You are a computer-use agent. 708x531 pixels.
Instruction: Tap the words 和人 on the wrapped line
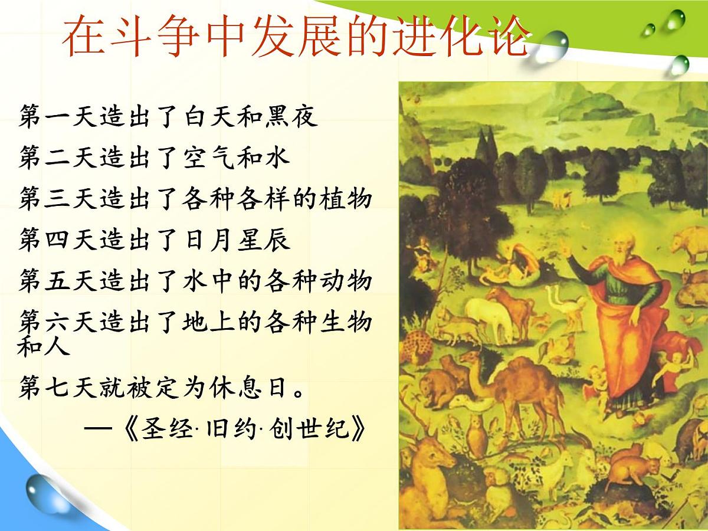tap(44, 345)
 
